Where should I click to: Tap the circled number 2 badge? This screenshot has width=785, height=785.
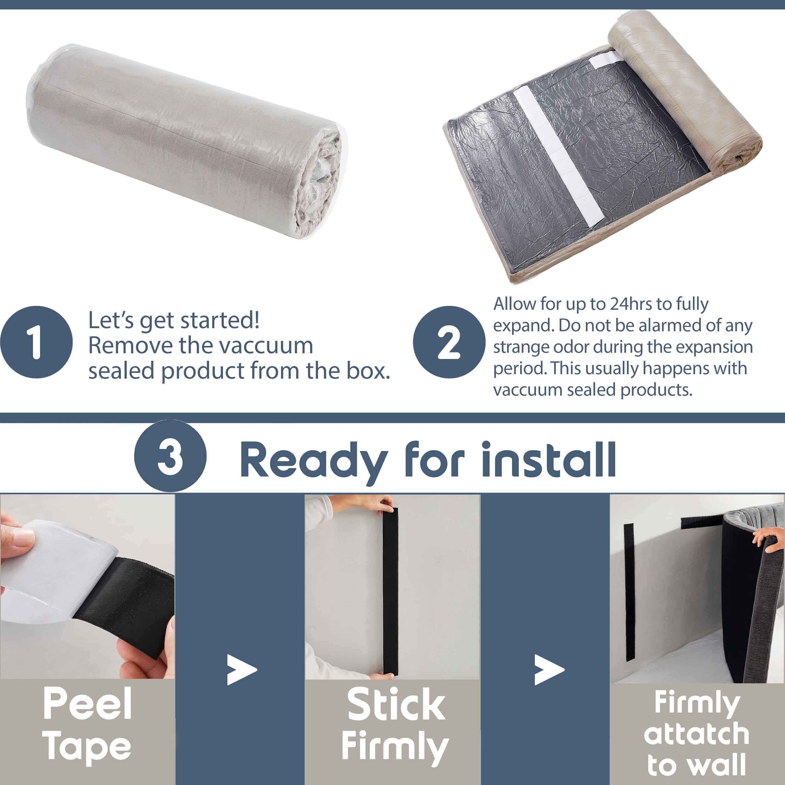coord(449,342)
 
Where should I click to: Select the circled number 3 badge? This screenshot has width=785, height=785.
coord(170,456)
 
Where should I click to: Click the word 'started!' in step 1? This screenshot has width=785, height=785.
coord(220,320)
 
